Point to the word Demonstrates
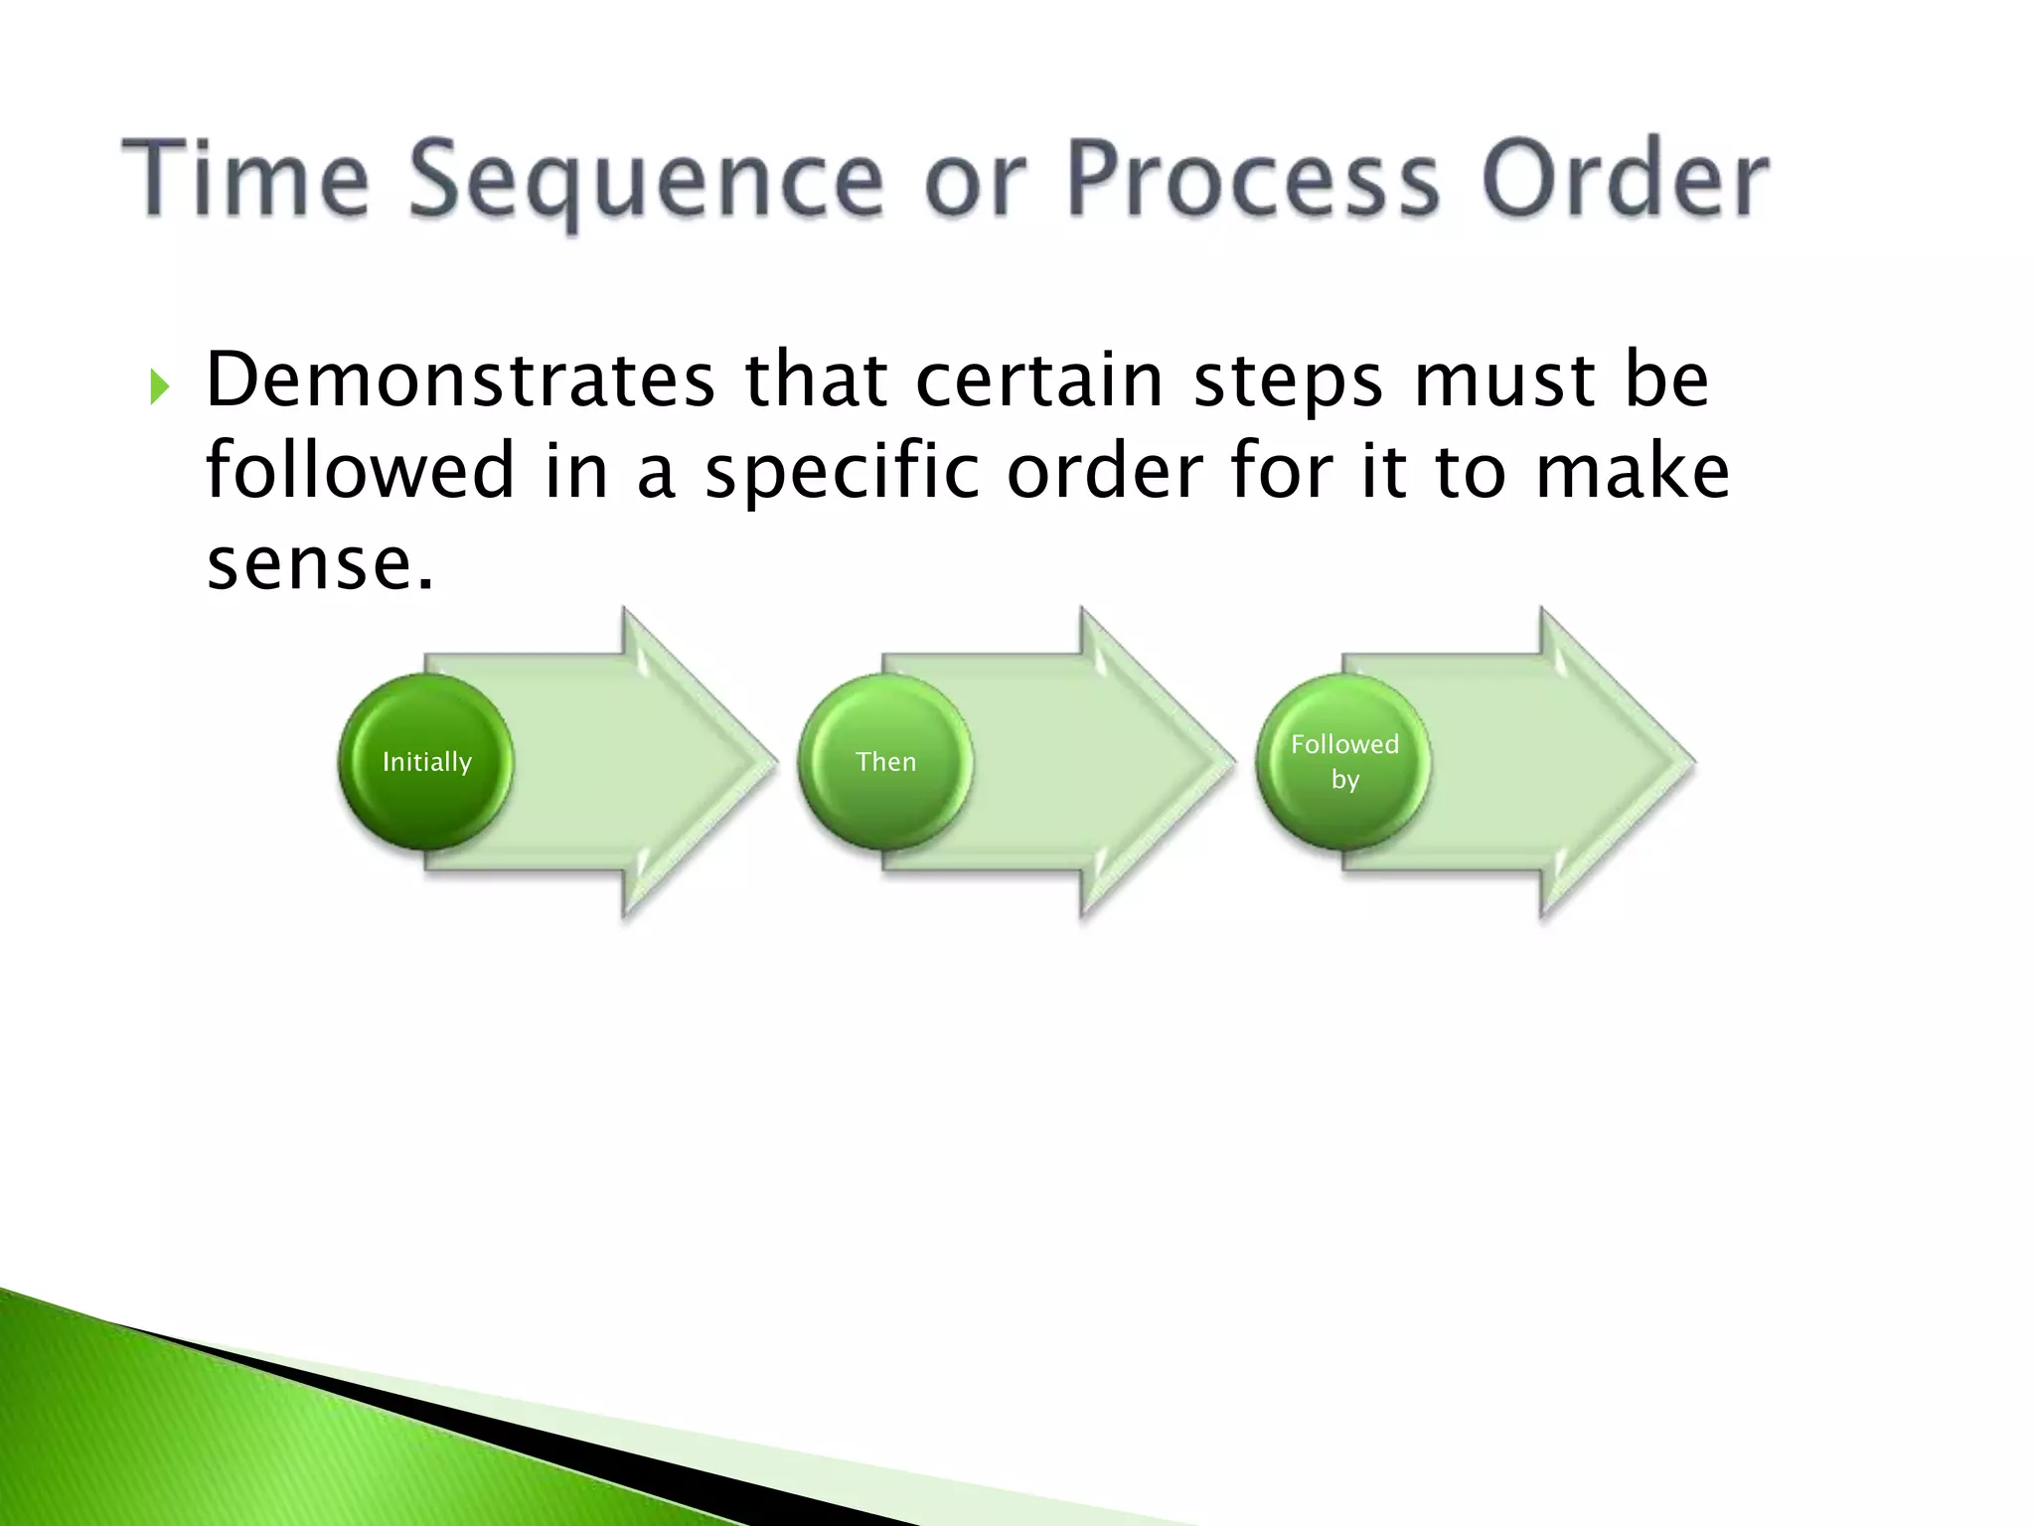(460, 380)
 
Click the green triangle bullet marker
(159, 386)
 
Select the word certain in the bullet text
(1038, 380)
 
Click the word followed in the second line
(360, 469)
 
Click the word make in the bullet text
(1632, 469)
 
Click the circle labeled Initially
(426, 762)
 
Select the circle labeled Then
(885, 762)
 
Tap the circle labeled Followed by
(1344, 762)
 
